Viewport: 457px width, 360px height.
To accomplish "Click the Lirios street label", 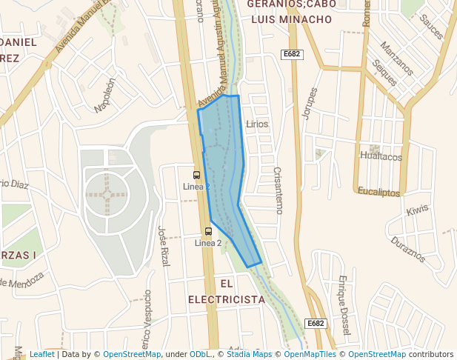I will coord(257,124).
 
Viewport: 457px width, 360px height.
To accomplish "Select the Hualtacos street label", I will coord(381,156).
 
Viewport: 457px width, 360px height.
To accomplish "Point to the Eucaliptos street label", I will coord(378,192).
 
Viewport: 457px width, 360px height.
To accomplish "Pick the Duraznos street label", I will coord(408,250).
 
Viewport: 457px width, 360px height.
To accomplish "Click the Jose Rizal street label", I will coord(163,246).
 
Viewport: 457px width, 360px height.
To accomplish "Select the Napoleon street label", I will coord(105,96).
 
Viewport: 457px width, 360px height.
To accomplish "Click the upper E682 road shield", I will coord(293,54).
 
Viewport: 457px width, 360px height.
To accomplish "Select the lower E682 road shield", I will coord(316,323).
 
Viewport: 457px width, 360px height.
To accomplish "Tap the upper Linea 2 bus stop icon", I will coord(196,175).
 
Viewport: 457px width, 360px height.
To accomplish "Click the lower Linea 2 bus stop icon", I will coord(208,231).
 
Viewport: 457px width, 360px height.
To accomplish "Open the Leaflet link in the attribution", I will coord(41,354).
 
